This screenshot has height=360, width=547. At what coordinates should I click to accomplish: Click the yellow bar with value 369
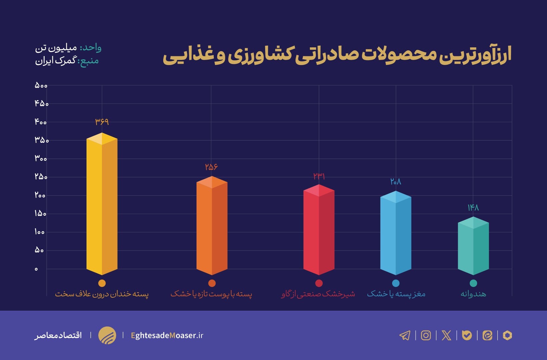[102, 205]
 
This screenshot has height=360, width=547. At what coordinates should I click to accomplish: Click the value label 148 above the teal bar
[473, 208]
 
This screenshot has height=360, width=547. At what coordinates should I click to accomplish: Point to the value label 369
[102, 122]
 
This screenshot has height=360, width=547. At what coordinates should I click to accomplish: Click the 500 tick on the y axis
[41, 86]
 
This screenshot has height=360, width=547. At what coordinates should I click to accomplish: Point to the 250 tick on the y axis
[41, 177]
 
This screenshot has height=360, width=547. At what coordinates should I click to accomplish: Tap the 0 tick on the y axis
[36, 269]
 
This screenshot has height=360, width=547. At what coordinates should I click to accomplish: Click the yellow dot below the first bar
[102, 283]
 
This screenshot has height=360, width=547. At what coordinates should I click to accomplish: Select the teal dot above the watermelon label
[473, 283]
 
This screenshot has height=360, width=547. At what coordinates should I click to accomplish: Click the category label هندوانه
[473, 294]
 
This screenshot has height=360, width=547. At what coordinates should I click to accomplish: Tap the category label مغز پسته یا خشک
[396, 294]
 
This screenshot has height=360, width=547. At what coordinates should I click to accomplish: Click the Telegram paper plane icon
[405, 335]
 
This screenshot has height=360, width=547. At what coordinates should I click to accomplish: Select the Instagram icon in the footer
[426, 335]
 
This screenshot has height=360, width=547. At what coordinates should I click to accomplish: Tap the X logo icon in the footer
[446, 335]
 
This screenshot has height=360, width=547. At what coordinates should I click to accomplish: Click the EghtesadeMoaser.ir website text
[167, 335]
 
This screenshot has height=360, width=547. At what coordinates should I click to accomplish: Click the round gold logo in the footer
[107, 335]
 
